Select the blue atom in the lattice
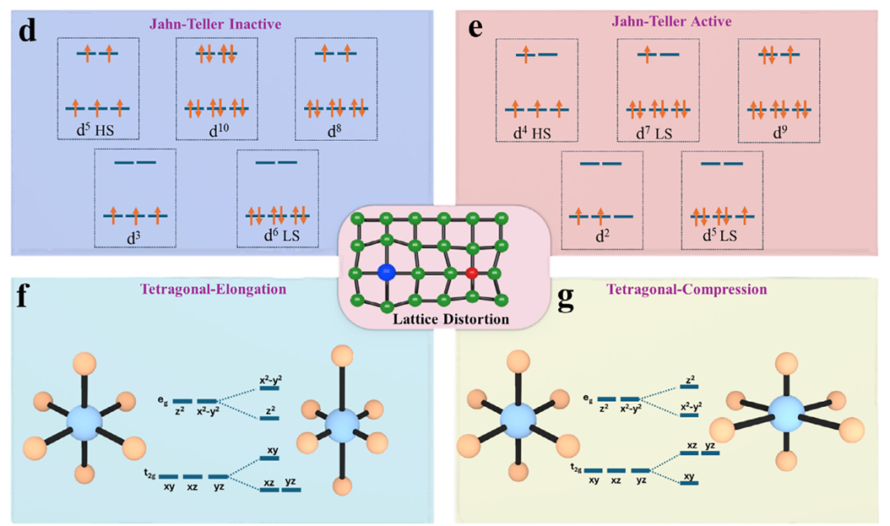[385, 272]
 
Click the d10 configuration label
[217, 130]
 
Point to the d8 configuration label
[335, 130]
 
